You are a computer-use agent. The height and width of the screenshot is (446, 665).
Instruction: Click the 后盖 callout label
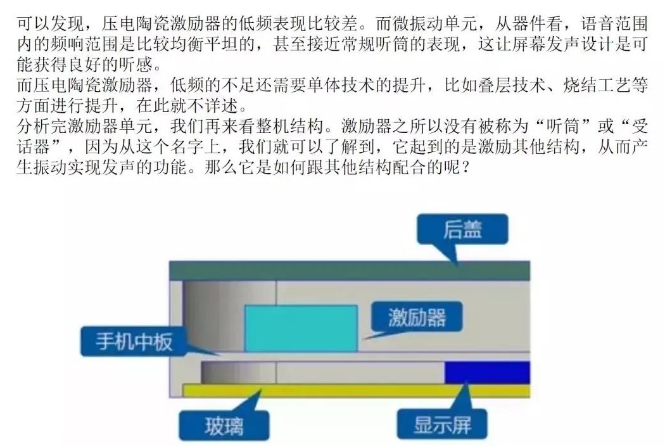coord(462,229)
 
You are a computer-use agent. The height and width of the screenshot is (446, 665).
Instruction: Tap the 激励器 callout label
coord(417,317)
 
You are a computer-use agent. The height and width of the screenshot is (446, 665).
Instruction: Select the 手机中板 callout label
coord(134,341)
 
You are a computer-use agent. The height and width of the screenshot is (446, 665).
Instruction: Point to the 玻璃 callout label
coord(224,426)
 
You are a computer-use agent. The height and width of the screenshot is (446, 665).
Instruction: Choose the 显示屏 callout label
coord(442,425)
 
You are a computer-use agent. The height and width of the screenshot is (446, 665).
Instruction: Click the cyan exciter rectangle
coord(301,328)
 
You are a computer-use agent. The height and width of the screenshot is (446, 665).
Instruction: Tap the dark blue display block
coord(487,372)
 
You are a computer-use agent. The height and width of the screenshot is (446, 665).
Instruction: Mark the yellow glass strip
coord(356,390)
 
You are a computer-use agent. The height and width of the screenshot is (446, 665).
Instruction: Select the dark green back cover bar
coord(350,271)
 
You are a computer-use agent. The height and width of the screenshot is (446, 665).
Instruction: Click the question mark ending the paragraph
coord(465,168)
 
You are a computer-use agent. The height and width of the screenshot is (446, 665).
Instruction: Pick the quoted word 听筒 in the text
coord(563,127)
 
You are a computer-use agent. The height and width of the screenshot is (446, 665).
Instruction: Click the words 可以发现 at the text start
coord(51,24)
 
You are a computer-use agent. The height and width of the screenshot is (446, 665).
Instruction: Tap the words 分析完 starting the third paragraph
coord(42,127)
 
